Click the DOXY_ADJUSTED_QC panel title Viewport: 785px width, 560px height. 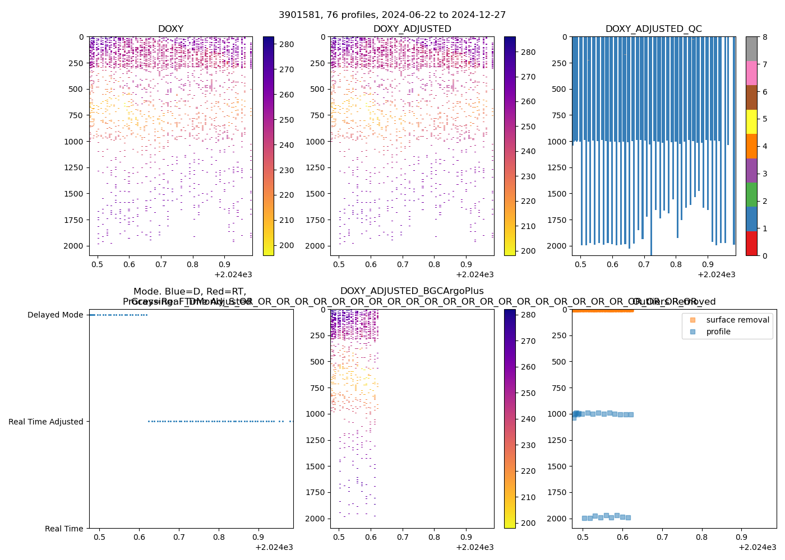[x=653, y=29]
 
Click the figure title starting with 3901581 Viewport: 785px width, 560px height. [x=392, y=15]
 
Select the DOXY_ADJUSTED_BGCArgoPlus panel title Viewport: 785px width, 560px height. [x=412, y=291]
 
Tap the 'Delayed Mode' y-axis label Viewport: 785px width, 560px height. [x=55, y=315]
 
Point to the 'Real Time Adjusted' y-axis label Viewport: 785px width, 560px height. [x=46, y=422]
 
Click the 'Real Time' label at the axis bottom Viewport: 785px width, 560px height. [x=64, y=529]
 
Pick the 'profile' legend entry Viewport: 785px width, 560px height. [x=718, y=332]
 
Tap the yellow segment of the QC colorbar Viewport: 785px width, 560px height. [x=751, y=122]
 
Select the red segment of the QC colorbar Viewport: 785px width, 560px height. [x=751, y=244]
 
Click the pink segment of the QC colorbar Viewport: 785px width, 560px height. [x=751, y=73]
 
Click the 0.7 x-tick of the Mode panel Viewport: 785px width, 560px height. [x=179, y=538]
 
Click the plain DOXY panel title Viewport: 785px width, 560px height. [x=170, y=29]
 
